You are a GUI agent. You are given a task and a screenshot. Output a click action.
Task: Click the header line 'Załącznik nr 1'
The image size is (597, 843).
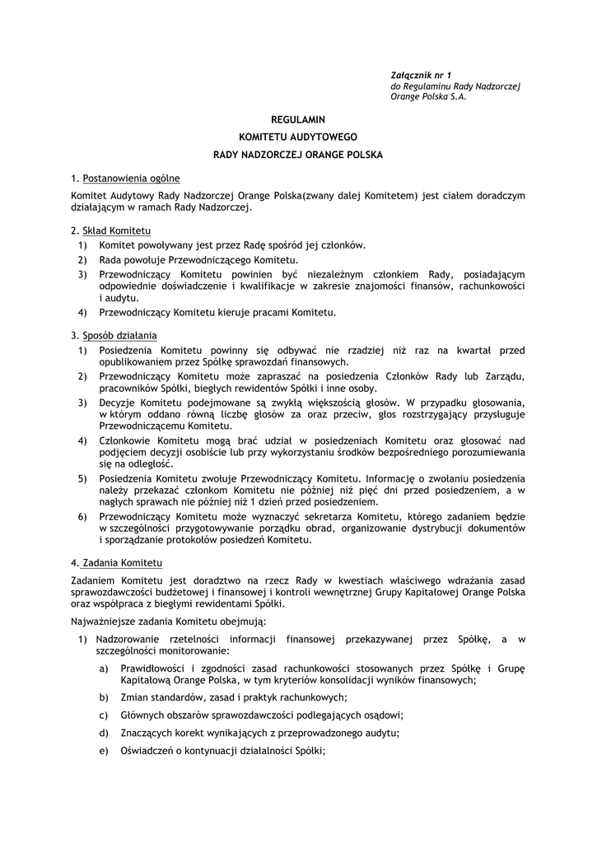pyautogui.click(x=422, y=76)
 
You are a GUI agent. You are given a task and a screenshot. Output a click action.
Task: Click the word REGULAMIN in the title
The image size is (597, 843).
pyautogui.click(x=298, y=119)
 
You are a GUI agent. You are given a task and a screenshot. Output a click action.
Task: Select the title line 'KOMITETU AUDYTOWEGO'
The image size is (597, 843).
pyautogui.click(x=298, y=137)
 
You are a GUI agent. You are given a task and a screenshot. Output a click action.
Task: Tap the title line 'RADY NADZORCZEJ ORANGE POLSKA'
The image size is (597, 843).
pyautogui.click(x=298, y=154)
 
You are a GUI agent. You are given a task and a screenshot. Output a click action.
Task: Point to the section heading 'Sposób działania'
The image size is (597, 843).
pyautogui.click(x=119, y=335)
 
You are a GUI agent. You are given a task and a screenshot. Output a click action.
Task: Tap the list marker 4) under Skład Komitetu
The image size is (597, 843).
pyautogui.click(x=82, y=312)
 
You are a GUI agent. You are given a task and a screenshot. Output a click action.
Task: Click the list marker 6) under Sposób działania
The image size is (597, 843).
pyautogui.click(x=82, y=516)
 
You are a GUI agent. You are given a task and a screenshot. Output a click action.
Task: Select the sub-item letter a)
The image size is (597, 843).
pyautogui.click(x=104, y=668)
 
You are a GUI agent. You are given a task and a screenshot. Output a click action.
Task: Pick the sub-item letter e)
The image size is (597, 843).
pyautogui.click(x=104, y=750)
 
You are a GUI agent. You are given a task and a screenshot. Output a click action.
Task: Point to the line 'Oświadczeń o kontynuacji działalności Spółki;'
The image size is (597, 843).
pyautogui.click(x=223, y=750)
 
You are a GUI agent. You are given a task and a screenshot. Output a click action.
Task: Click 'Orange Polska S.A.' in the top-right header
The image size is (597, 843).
pyautogui.click(x=428, y=96)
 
